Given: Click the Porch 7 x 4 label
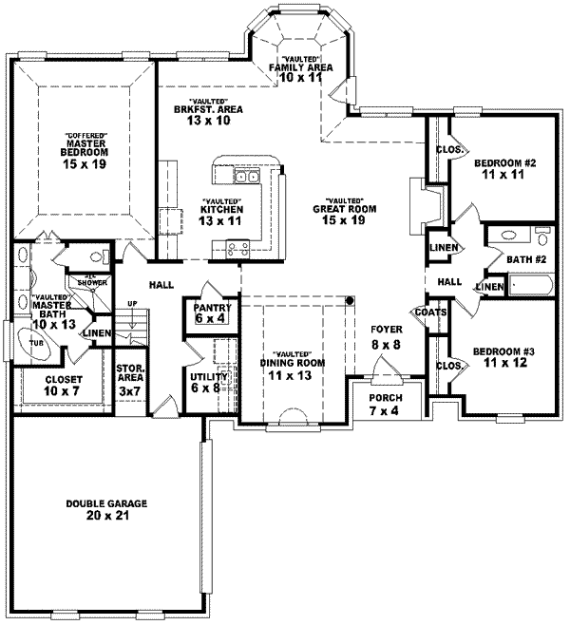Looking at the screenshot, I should [385, 404].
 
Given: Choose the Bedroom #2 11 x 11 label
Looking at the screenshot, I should [503, 168].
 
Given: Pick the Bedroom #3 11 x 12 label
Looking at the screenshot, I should [503, 357].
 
